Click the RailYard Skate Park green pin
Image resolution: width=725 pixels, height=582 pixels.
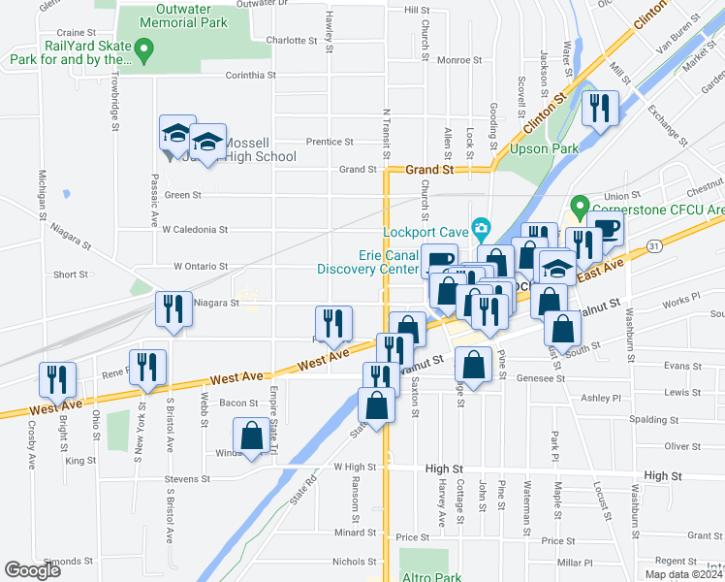coord(144,48)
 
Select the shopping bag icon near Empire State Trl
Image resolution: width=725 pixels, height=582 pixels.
coord(252,436)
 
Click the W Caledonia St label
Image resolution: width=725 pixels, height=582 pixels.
coord(194,230)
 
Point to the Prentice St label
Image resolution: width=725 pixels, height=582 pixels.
coord(330,142)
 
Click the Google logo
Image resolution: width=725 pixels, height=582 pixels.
coord(32,570)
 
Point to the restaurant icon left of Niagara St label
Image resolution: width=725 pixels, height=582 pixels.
coord(173,309)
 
